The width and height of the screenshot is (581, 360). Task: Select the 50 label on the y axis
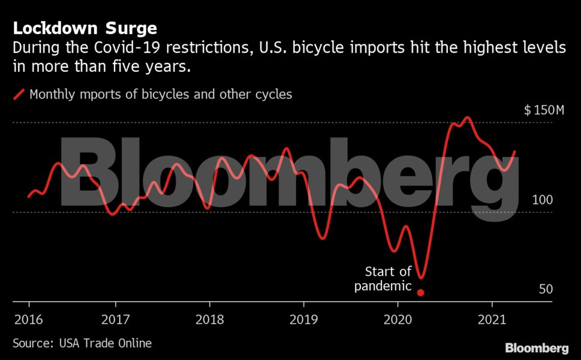click(x=545, y=289)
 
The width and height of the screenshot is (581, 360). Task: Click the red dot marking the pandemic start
click(x=421, y=293)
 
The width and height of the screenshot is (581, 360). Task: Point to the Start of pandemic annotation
click(x=383, y=279)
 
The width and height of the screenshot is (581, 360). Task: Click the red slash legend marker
click(x=19, y=94)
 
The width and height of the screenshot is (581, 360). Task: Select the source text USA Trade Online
click(x=106, y=343)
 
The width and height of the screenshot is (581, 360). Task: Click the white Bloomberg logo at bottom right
click(x=537, y=348)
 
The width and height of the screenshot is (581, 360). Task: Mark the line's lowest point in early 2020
click(x=421, y=278)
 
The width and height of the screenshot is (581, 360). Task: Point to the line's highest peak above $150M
click(x=466, y=118)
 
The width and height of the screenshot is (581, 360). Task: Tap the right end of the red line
click(x=514, y=152)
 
